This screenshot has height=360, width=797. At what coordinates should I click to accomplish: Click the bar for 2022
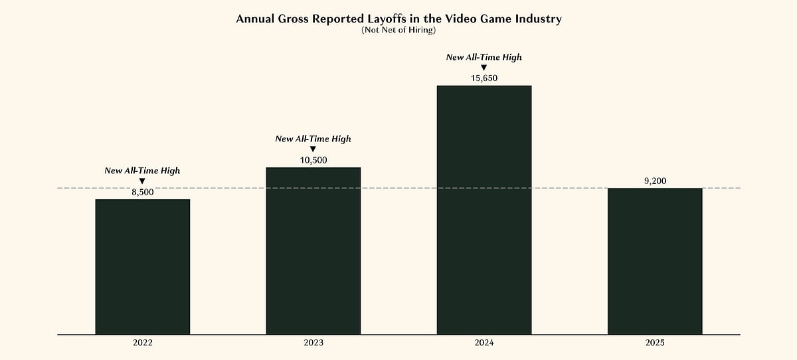[x=143, y=267]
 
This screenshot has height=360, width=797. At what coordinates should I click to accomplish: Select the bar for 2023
[x=313, y=251]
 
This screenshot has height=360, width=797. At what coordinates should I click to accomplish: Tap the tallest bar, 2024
[x=484, y=210]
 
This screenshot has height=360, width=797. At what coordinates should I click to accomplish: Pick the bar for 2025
[x=654, y=261]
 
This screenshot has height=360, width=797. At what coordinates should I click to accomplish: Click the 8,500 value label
[x=142, y=192]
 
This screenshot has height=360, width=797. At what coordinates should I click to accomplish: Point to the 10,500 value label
[x=313, y=160]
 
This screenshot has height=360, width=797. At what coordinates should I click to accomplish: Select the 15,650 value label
[x=484, y=78]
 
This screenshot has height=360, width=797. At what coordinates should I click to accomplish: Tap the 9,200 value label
[x=654, y=181]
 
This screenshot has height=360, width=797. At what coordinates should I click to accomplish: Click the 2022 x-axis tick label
[x=142, y=343]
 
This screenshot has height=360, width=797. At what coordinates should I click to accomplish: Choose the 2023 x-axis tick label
[x=313, y=343]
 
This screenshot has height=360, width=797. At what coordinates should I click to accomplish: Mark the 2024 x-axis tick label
[x=484, y=343]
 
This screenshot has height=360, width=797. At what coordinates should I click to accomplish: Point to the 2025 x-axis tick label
[x=654, y=343]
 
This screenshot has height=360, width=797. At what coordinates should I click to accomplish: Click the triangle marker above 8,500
[x=142, y=181]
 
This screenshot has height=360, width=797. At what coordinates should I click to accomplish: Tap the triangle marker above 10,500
[x=313, y=149]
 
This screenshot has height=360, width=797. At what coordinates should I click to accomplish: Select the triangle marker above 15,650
[x=484, y=68]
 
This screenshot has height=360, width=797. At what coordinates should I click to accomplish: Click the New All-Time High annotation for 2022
[x=142, y=171]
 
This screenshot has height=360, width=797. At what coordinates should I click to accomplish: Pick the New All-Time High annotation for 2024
[x=484, y=57]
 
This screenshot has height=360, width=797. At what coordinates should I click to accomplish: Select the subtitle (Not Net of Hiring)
[x=398, y=30]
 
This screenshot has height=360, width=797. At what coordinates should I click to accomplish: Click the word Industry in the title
[x=535, y=19]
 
